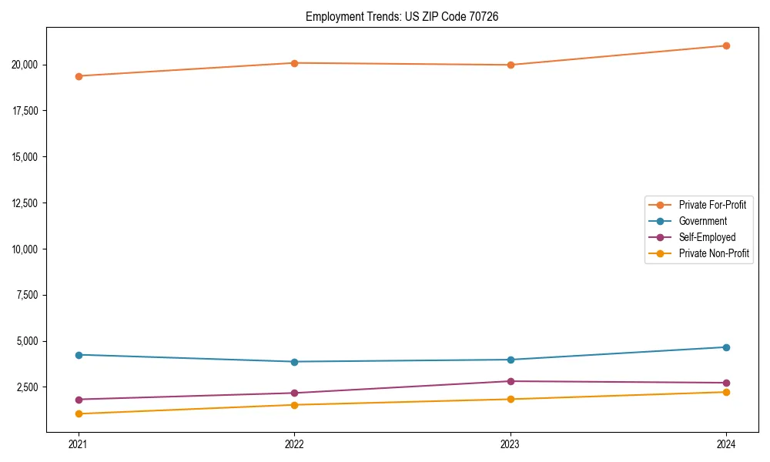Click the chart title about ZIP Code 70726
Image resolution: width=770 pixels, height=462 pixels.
tap(402, 16)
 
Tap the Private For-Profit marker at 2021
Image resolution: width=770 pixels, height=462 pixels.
tap(79, 76)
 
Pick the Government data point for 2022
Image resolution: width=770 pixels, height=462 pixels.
tap(294, 362)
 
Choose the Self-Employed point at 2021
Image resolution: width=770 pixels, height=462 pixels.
tap(79, 400)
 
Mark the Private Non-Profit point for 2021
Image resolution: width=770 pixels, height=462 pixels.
tap(79, 414)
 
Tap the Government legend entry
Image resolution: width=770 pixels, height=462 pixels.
tap(702, 221)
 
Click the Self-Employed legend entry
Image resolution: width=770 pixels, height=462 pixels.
tap(707, 237)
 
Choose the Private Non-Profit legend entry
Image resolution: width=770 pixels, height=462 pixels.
tap(714, 253)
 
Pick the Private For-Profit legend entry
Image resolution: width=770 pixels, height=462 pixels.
tap(712, 205)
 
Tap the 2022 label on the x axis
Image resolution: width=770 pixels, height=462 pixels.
tap(294, 444)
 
